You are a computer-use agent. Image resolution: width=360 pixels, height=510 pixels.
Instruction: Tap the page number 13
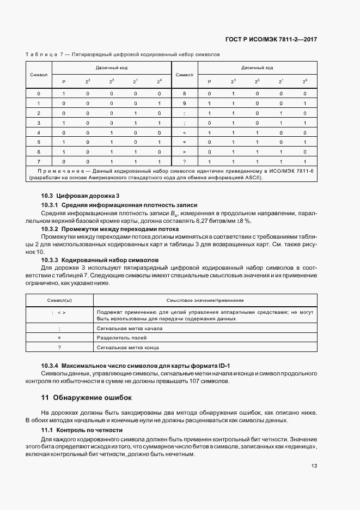point(314,465)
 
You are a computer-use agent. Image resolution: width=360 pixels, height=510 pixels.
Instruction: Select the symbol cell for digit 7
point(39,162)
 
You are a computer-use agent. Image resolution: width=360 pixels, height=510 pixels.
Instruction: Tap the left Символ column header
point(39,75)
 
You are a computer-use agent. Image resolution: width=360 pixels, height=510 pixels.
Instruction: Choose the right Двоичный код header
point(257,68)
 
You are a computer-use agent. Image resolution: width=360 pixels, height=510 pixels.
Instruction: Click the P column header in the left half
point(64,82)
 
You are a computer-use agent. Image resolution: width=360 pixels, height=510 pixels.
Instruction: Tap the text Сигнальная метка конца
point(128,347)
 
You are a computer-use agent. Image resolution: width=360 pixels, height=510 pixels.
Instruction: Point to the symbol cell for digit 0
point(39,94)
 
